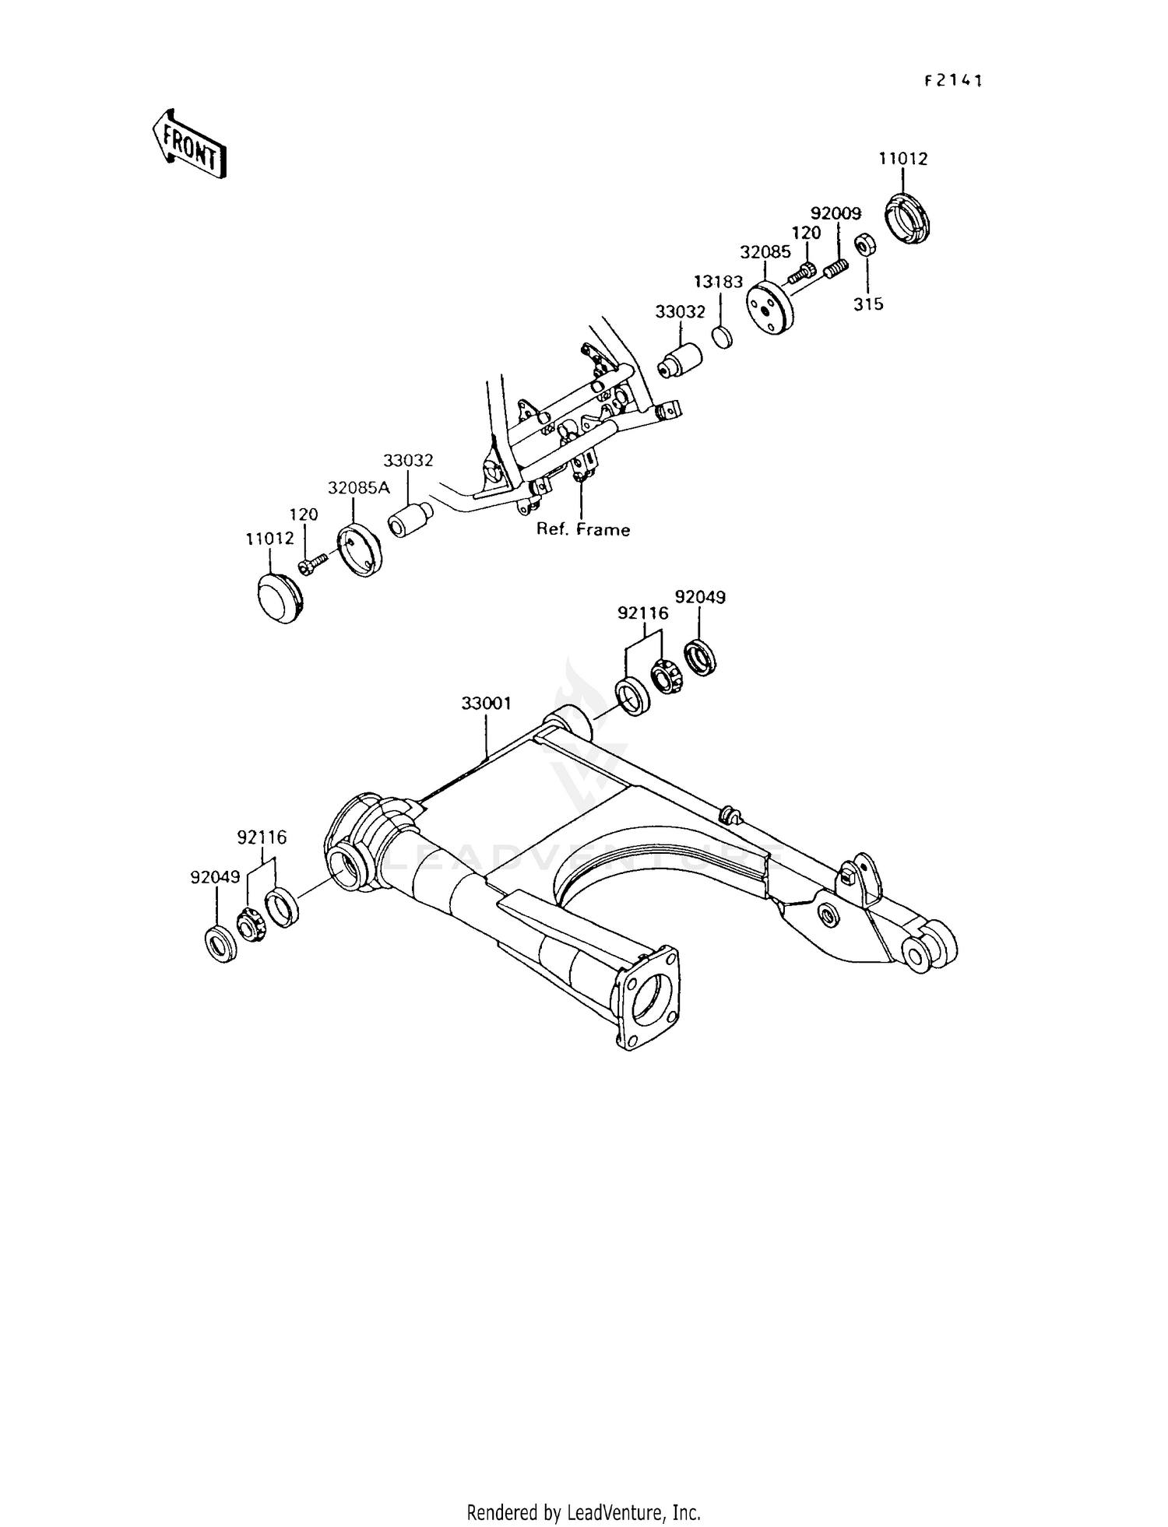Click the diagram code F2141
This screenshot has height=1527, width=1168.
[x=953, y=81]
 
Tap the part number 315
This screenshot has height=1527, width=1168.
[x=868, y=304]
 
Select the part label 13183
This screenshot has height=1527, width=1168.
[x=719, y=282]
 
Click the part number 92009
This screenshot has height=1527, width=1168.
[x=836, y=213]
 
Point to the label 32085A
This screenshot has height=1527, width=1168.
[x=358, y=488]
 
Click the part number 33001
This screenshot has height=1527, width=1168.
[x=486, y=704]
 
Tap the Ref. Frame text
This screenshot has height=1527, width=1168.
[x=583, y=530]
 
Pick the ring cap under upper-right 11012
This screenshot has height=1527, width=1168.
[x=911, y=220]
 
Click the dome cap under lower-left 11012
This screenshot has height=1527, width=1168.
[x=278, y=598]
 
